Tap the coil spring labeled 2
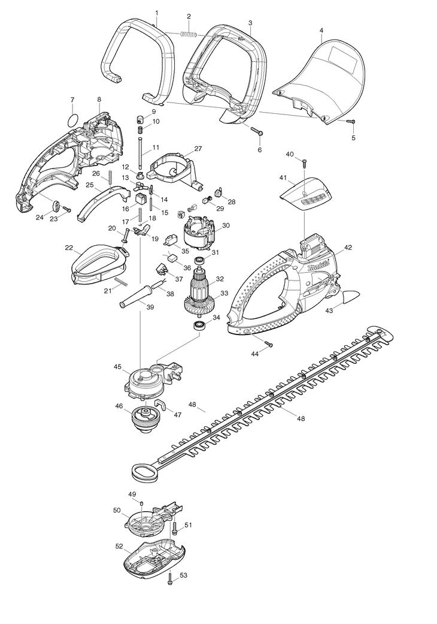[189, 35]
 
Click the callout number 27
[198, 149]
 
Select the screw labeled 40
[304, 163]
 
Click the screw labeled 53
[169, 587]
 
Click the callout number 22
[69, 248]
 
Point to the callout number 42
[348, 247]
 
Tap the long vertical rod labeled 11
[141, 153]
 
